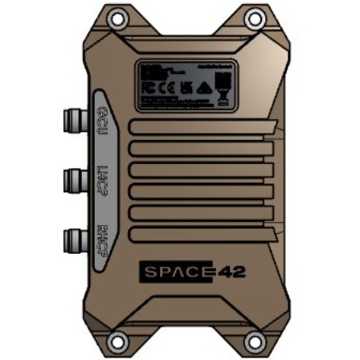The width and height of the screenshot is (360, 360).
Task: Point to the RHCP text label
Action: (x=103, y=238)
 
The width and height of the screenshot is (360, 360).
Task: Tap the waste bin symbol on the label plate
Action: (x=222, y=94)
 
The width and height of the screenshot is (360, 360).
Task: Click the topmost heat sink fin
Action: (x=201, y=128)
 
